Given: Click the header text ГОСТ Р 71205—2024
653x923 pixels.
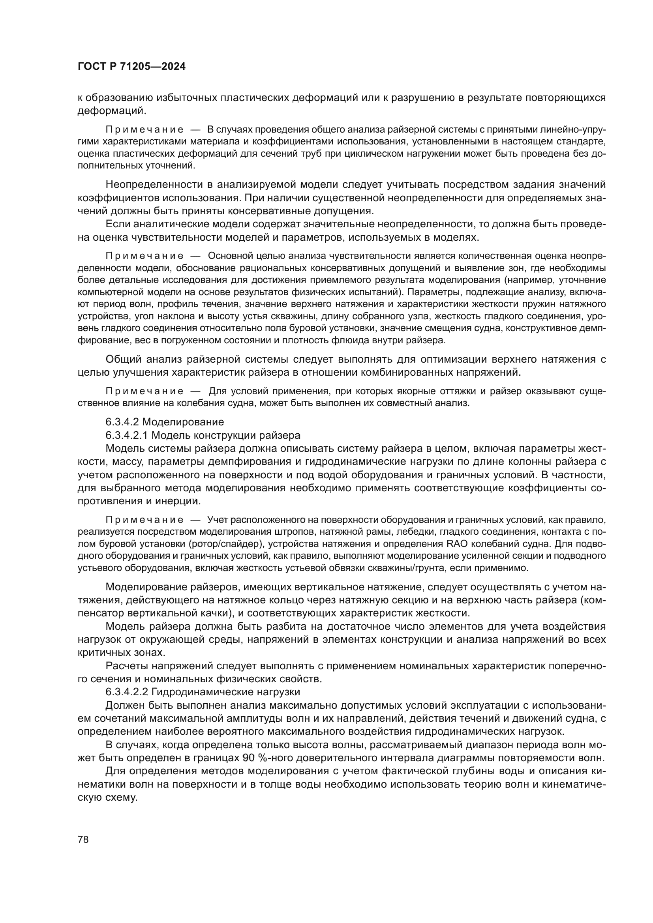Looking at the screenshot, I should click(131, 67).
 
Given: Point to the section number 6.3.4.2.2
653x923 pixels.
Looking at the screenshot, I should click(127, 692).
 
